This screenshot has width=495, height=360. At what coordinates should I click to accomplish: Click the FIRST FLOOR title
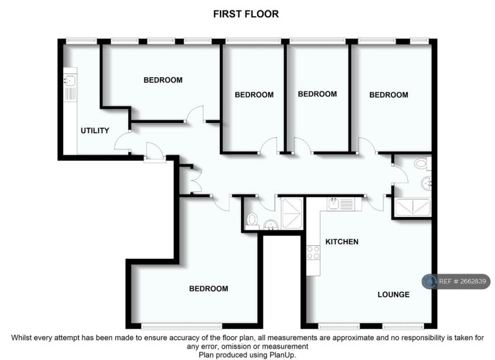[246, 14]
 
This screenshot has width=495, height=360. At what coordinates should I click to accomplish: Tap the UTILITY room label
[95, 130]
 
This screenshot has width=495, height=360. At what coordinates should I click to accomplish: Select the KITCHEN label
[342, 242]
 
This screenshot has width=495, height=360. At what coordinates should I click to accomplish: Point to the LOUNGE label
[394, 294]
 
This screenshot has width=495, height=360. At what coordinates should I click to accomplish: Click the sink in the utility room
[70, 80]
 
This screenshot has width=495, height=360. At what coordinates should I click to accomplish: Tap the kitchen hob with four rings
[313, 252]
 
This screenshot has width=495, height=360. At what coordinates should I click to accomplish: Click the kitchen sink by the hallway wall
[333, 204]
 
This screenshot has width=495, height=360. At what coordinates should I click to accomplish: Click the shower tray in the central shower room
[293, 213]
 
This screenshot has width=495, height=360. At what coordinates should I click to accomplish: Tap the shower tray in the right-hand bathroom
[413, 207]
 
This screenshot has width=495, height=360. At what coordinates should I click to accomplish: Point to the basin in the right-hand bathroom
[426, 183]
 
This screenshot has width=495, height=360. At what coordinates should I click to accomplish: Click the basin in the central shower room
[271, 225]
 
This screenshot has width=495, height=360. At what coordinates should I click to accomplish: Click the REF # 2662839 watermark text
[463, 281]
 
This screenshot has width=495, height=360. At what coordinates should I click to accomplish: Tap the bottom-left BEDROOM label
[209, 289]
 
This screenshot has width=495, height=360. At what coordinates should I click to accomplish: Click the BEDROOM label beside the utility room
[163, 80]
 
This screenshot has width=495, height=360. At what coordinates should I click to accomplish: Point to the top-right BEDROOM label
[389, 95]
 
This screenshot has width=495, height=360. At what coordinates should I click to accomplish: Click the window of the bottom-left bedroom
[182, 326]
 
